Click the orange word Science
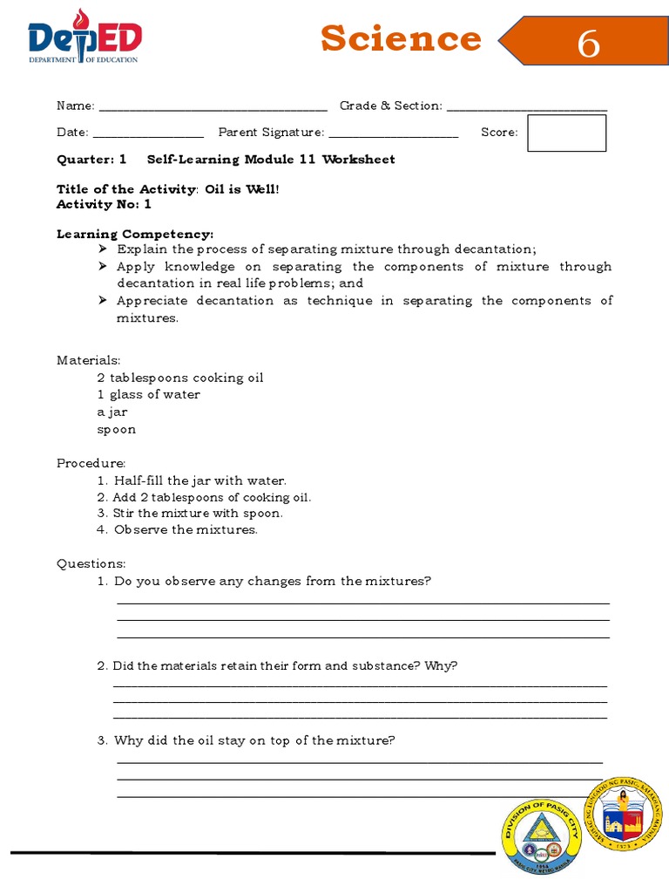click(x=400, y=39)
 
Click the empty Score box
click(x=566, y=133)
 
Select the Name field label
click(x=76, y=106)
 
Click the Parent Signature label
click(x=271, y=133)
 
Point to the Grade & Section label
click(x=391, y=106)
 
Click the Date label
click(x=72, y=133)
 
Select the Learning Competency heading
click(x=135, y=235)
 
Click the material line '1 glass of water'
click(x=148, y=394)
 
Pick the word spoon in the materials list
click(x=116, y=429)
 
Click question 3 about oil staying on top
click(x=254, y=740)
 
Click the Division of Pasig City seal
click(x=541, y=836)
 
